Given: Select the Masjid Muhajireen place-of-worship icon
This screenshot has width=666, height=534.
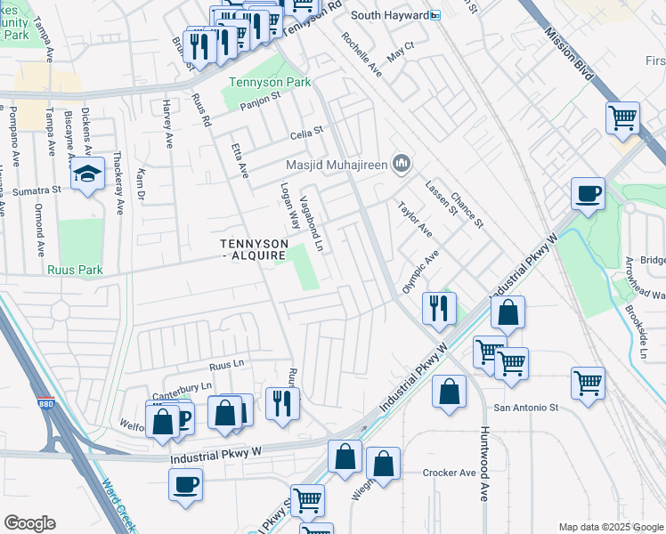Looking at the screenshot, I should [x=402, y=163].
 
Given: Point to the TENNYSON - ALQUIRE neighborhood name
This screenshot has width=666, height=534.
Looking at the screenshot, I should [x=254, y=249].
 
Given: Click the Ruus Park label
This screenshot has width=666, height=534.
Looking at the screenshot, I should [x=77, y=270].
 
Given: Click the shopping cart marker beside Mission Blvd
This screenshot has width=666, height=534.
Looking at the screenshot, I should [x=622, y=117].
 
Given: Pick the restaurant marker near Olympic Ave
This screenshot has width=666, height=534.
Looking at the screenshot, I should [x=438, y=307].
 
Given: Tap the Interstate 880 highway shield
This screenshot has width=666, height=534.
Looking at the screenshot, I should [x=45, y=405].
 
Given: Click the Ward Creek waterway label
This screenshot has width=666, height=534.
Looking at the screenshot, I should [x=118, y=505].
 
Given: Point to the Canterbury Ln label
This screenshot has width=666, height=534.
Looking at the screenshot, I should [x=182, y=385].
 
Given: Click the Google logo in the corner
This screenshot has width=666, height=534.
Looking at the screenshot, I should [x=29, y=522].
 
